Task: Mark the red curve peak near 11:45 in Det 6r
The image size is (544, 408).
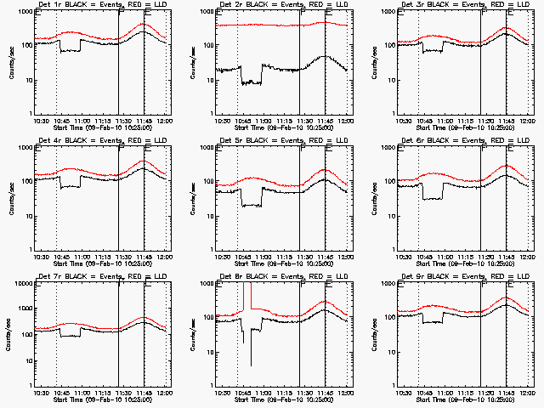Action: pyautogui.click(x=507, y=166)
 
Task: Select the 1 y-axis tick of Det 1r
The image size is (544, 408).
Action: pyautogui.click(x=32, y=113)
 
